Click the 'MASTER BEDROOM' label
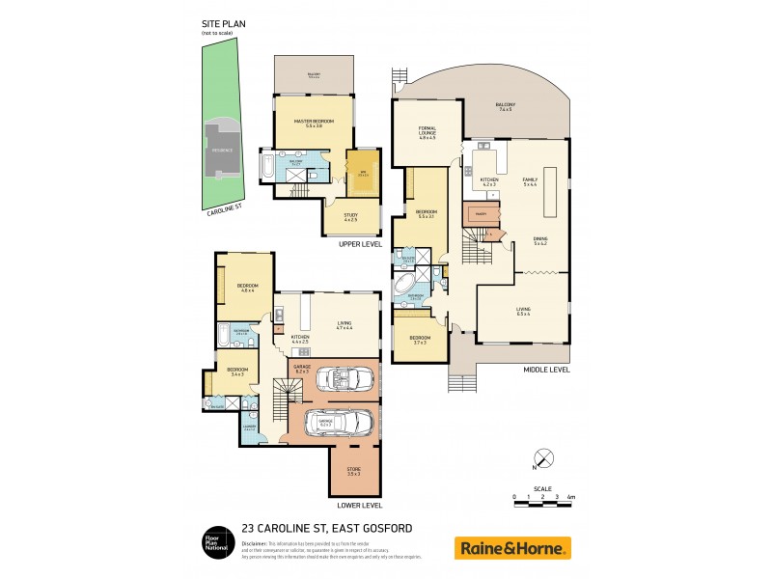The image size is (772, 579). coord(313,123)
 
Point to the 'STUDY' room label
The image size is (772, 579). coord(350,217)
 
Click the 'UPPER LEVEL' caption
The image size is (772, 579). coord(360,244)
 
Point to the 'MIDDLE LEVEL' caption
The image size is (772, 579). coord(546,369)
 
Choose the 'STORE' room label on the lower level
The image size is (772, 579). coord(354,471)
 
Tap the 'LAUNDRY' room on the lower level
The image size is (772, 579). coord(249,427)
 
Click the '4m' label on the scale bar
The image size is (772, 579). coord(571,497)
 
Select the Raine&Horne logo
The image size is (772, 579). coord(512,548)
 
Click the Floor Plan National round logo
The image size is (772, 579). coord(215,542)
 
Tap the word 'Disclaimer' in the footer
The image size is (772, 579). coord(255,542)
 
